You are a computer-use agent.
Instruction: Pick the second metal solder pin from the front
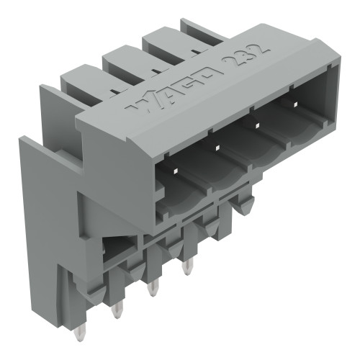pos(151,289)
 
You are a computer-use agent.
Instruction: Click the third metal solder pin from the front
pos(187,268)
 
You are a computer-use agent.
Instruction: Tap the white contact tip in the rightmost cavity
pos(294,105)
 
